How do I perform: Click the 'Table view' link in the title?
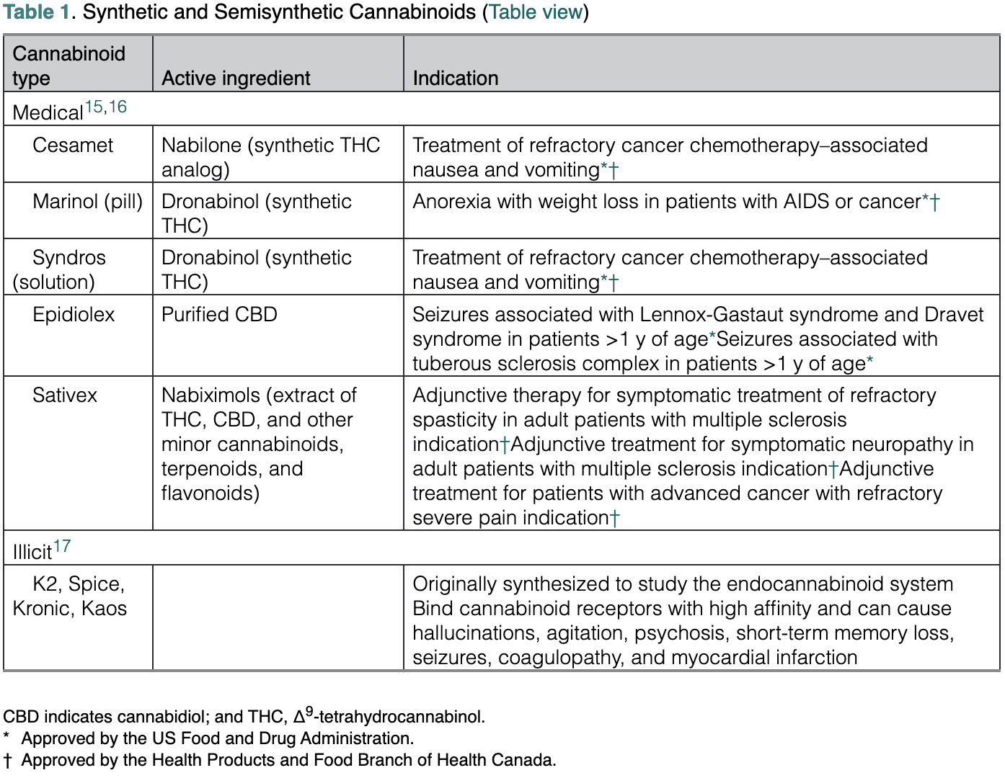point(536,12)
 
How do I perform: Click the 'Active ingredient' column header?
point(236,78)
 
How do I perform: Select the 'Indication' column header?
point(455,78)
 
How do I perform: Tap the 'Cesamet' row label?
point(73,146)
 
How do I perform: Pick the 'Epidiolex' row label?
point(74,315)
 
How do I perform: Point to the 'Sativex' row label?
point(65,395)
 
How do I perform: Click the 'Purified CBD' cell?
point(219,315)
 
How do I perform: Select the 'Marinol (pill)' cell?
point(87,202)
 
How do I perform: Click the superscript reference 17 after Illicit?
point(62,547)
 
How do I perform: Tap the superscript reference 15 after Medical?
point(94,107)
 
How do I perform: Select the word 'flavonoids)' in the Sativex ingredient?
point(211,493)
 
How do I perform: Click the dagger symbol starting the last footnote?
point(7,761)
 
